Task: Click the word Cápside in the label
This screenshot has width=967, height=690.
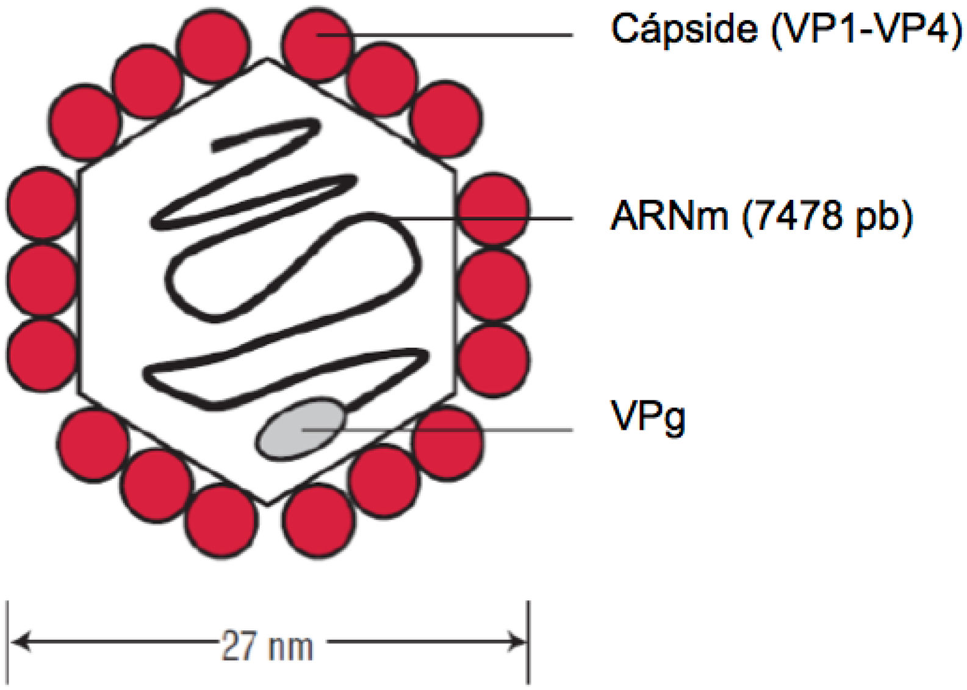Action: point(683,29)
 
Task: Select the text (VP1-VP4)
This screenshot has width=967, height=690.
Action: point(866,29)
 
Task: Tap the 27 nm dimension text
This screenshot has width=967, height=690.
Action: point(267,647)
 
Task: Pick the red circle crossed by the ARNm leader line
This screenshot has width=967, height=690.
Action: point(493,209)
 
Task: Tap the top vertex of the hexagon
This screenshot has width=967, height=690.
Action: point(267,59)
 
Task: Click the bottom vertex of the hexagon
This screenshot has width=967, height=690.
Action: point(267,504)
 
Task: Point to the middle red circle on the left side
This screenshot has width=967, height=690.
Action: point(41,280)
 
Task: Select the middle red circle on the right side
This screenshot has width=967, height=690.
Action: point(493,285)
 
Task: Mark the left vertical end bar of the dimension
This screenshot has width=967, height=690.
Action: point(7,642)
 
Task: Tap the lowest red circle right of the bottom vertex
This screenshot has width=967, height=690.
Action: point(319,522)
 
